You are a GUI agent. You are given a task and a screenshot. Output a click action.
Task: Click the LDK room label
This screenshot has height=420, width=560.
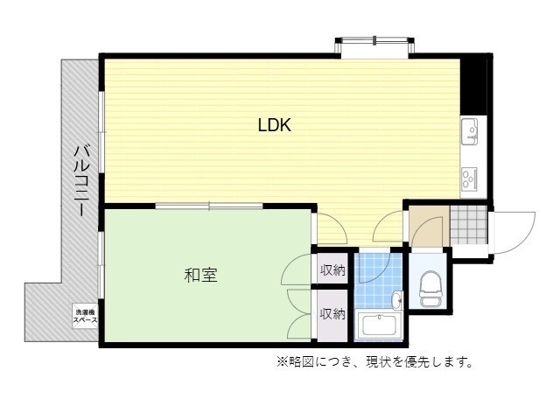pyautogui.click(x=274, y=125)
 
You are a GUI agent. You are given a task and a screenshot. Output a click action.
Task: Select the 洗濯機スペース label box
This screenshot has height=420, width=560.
pyautogui.click(x=85, y=316)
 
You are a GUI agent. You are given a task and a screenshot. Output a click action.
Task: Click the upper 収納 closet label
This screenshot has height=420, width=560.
pyautogui.click(x=332, y=270)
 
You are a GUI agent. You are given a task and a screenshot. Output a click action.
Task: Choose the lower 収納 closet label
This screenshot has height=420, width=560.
pyautogui.click(x=332, y=313)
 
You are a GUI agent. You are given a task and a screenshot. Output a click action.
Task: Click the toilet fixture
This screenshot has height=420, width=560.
pyautogui.click(x=430, y=287)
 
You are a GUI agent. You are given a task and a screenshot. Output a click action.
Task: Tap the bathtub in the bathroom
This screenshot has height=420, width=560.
pyautogui.click(x=378, y=326)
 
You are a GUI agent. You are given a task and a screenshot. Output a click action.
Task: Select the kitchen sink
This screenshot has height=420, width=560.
pyautogui.click(x=471, y=133)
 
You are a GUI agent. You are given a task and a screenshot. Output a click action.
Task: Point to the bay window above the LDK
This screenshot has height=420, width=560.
pyautogui.click(x=374, y=44)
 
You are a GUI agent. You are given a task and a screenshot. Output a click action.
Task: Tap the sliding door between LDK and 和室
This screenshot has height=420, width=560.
pyautogui.click(x=209, y=207)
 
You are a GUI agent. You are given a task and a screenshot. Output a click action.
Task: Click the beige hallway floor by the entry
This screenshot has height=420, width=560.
pyautogui.click(x=428, y=227)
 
